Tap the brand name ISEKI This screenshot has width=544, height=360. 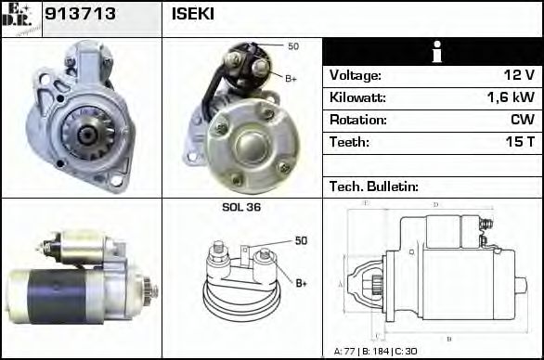[x=192, y=16]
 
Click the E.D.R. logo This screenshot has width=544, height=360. [x=21, y=19]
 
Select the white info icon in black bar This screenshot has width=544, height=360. [x=432, y=52]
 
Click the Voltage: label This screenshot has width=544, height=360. [x=355, y=75]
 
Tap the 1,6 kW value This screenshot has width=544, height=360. [x=510, y=97]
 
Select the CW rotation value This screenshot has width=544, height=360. [x=522, y=120]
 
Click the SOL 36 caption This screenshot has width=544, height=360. [x=241, y=207]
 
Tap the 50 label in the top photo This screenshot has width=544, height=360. [x=293, y=46]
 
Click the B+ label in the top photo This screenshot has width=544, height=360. [x=291, y=78]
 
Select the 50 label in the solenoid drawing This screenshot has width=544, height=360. [x=300, y=241]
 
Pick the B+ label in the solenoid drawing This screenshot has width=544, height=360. [x=302, y=283]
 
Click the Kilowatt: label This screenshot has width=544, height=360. [x=357, y=97]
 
